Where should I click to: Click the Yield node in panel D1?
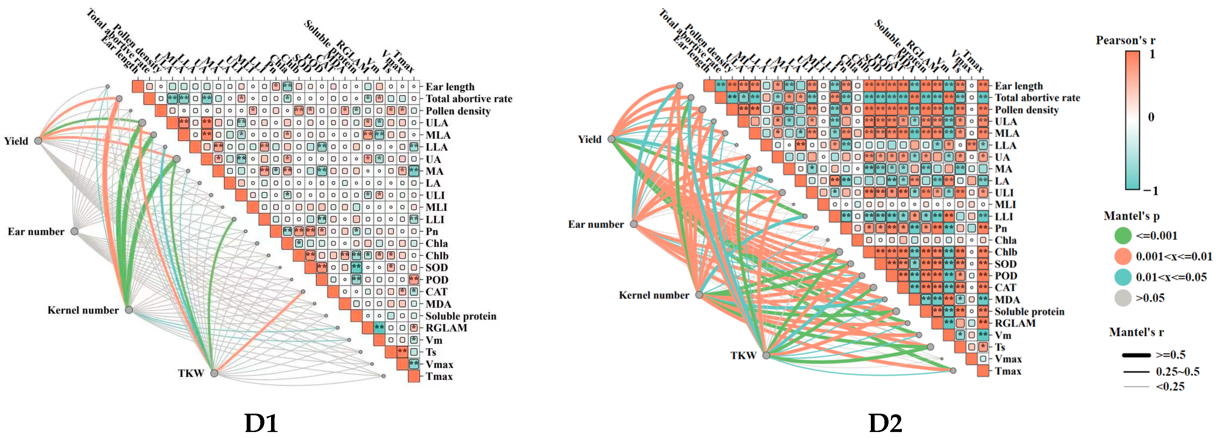tap(38, 140)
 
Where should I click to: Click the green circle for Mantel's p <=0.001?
tap(1123, 235)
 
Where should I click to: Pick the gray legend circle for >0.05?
tap(1123, 298)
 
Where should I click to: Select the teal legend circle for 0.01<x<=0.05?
tap(1123, 277)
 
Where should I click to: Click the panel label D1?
tap(261, 423)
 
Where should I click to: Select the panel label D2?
tap(885, 423)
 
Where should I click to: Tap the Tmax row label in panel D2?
tap(1008, 371)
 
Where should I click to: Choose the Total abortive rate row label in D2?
tap(1037, 98)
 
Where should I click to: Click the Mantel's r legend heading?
tap(1136, 332)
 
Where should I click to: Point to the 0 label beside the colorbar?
tap(1151, 117)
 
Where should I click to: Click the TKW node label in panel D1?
tap(191, 373)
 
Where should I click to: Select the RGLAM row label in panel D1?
tap(446, 328)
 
